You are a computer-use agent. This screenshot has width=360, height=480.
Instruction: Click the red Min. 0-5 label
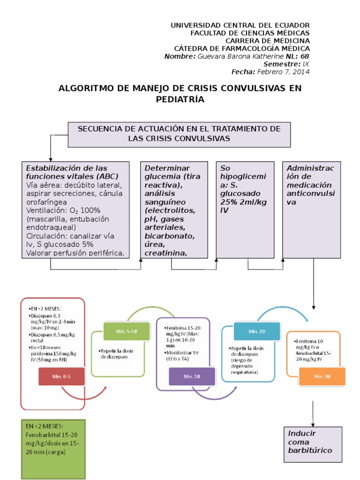[62, 376]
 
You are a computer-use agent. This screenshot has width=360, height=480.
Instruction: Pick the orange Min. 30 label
[321, 376]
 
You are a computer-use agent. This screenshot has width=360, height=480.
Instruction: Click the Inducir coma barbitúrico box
[312, 443]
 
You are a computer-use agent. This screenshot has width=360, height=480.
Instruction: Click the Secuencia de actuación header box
[179, 134]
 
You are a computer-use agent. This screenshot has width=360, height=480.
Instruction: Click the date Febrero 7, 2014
[283, 72]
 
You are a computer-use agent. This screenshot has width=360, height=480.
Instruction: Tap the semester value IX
[306, 64]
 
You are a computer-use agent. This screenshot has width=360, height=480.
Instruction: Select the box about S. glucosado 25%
[245, 210]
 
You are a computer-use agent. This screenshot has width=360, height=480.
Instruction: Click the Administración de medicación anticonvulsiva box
[312, 210]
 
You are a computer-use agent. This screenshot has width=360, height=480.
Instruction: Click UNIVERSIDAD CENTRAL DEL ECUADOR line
[240, 25]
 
